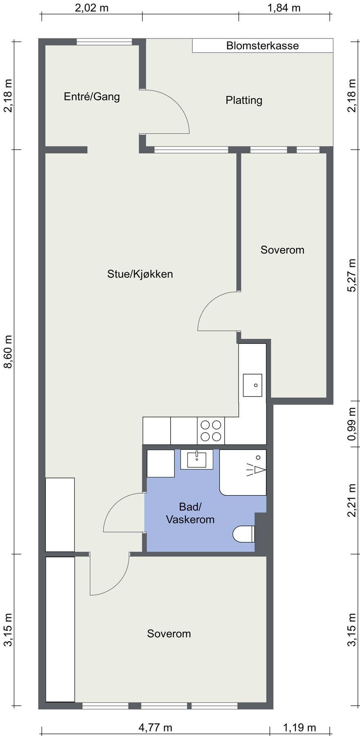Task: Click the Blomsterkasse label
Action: pos(262,46)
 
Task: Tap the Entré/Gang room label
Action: pos(92,97)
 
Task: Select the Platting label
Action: pos(244,100)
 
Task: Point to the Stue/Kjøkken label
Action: pos(140,274)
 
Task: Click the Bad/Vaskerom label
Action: pos(190,513)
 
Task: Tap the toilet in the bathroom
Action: pos(244,534)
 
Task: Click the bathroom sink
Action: pos(197,460)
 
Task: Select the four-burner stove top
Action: pos(211,430)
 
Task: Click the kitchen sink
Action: pos(253,385)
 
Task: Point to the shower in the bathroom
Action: pos(243,472)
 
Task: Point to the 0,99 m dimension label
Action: pos(352,424)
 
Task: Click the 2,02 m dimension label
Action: pos(92,8)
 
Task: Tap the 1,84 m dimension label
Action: pos(284,8)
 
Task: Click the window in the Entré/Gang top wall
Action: pos(104,41)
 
